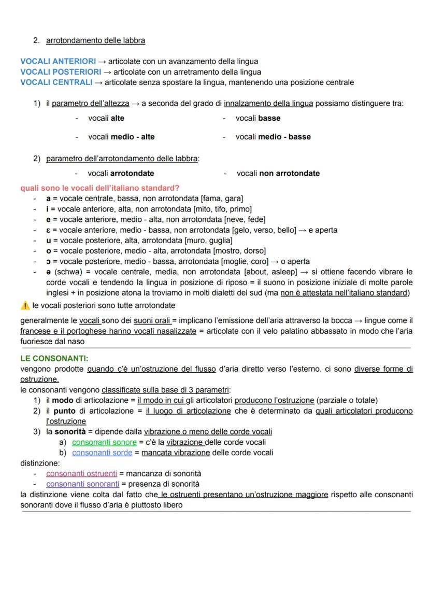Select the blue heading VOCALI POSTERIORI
[x=60, y=72]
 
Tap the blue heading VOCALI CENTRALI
[x=56, y=82]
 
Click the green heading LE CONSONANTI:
[x=54, y=358]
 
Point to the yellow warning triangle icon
[x=25, y=306]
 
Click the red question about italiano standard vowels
[x=99, y=188]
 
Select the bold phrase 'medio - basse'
[x=284, y=137]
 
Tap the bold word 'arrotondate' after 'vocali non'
[x=299, y=173]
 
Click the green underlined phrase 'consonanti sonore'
[x=104, y=442]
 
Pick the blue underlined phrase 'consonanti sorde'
[x=102, y=453]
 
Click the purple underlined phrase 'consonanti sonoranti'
[x=82, y=484]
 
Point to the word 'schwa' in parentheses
[x=65, y=272]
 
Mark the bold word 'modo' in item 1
[x=62, y=400]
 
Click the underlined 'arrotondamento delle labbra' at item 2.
[x=95, y=40]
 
